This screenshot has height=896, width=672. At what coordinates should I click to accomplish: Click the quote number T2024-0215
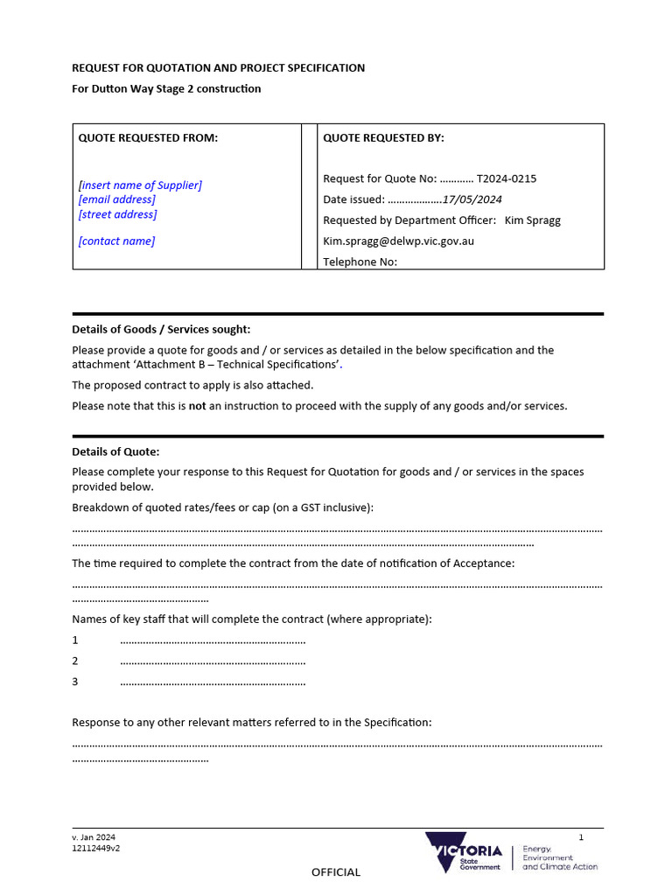pyautogui.click(x=506, y=178)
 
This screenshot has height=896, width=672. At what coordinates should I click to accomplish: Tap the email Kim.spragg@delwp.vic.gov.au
pyautogui.click(x=398, y=241)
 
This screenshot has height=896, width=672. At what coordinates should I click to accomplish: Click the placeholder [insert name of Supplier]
pyautogui.click(x=140, y=185)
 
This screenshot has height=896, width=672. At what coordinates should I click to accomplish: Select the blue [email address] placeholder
pyautogui.click(x=116, y=199)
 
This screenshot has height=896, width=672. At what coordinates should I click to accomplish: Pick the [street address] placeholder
pyautogui.click(x=117, y=214)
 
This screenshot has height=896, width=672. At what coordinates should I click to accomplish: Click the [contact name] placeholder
pyautogui.click(x=116, y=241)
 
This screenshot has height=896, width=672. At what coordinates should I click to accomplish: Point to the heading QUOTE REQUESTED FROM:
pyautogui.click(x=148, y=138)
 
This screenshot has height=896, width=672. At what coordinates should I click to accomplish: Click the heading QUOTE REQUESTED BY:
pyautogui.click(x=383, y=138)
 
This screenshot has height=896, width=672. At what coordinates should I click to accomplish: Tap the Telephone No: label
pyautogui.click(x=360, y=261)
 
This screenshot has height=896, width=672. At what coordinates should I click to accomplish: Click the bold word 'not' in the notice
pyautogui.click(x=197, y=406)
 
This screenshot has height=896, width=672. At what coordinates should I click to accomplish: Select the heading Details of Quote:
pyautogui.click(x=115, y=452)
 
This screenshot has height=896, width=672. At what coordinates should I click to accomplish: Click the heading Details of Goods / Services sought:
pyautogui.click(x=160, y=330)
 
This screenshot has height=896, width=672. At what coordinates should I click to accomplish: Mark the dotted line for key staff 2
pyautogui.click(x=213, y=661)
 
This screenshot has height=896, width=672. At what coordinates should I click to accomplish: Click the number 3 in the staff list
pyautogui.click(x=75, y=682)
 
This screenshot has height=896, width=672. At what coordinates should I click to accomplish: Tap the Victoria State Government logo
pyautogui.click(x=464, y=852)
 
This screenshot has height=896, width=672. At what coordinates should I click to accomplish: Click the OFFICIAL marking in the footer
pyautogui.click(x=336, y=872)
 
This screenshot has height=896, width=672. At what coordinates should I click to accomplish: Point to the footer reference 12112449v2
pyautogui.click(x=95, y=848)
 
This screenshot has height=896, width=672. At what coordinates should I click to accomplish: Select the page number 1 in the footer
pyautogui.click(x=580, y=837)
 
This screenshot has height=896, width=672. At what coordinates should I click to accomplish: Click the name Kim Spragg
pyautogui.click(x=533, y=220)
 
